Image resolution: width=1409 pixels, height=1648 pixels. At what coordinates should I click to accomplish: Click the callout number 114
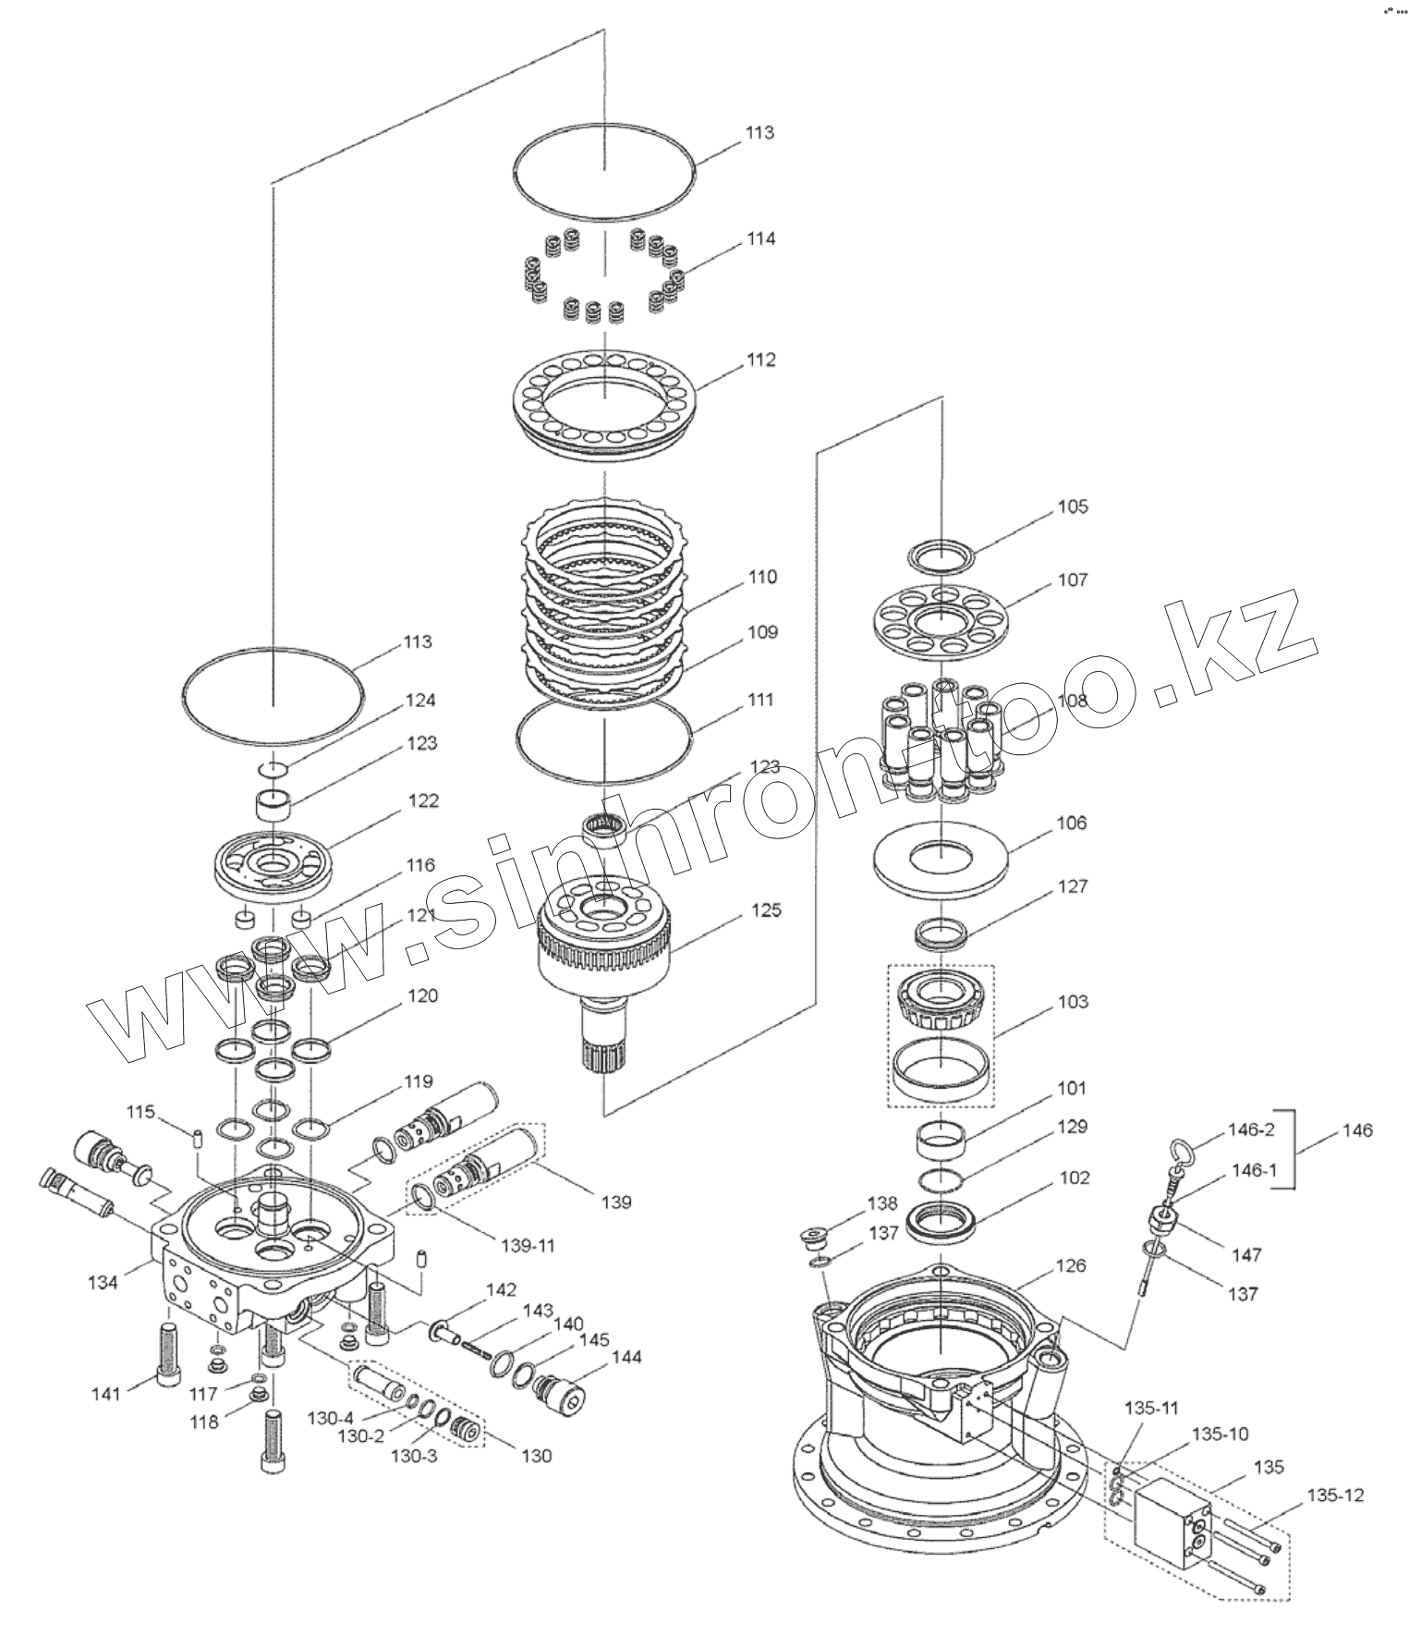(761, 238)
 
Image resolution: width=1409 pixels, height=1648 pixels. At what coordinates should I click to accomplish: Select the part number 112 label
(761, 360)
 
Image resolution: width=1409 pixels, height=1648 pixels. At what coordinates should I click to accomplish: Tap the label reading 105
(1073, 507)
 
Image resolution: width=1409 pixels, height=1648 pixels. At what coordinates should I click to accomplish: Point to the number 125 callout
(766, 910)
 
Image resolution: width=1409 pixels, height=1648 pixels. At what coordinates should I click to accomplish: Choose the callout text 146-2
(1252, 1129)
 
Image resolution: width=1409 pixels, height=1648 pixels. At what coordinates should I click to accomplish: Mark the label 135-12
(1336, 1495)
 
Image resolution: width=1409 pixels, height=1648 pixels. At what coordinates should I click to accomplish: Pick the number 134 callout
(103, 1282)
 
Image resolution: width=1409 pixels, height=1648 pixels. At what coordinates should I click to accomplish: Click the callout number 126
(1071, 1265)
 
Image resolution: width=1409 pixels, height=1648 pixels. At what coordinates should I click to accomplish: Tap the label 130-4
(331, 1418)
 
